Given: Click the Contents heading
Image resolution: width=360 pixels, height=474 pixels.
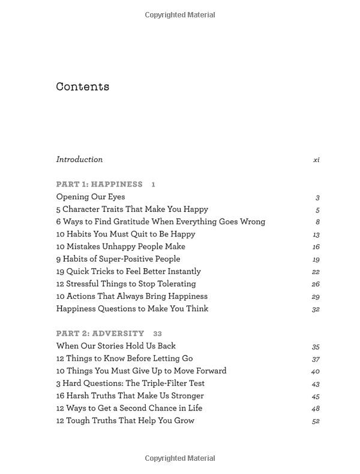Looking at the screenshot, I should click(x=83, y=86).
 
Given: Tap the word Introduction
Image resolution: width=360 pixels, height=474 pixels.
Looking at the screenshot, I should click(x=79, y=159).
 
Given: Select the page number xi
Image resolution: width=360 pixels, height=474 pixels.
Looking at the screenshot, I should click(x=316, y=160).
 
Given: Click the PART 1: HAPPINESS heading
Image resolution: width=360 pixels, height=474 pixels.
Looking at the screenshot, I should click(x=100, y=184).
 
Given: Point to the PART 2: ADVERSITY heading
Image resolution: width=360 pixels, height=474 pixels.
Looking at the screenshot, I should click(x=100, y=333).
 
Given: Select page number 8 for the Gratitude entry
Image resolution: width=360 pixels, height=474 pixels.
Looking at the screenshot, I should click(x=317, y=222).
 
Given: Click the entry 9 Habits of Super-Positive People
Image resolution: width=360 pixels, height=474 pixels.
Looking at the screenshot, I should click(x=118, y=259).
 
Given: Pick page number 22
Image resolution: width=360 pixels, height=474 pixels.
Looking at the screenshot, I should click(x=316, y=272).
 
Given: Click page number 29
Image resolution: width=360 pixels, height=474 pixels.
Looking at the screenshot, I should click(x=316, y=297).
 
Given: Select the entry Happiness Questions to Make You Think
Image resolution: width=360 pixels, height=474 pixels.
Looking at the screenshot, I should click(x=132, y=308).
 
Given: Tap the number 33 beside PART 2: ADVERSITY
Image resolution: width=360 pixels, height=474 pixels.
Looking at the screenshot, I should click(x=158, y=334).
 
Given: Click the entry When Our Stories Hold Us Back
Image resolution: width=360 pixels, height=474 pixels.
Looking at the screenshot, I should click(x=116, y=346).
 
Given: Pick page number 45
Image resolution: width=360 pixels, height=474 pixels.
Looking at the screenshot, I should click(x=316, y=396).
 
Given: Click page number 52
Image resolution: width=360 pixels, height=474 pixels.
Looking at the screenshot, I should click(x=316, y=421).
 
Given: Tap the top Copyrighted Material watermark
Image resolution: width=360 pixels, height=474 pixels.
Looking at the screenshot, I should click(x=180, y=15).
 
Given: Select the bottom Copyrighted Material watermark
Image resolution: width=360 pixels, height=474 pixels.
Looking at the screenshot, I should click(x=180, y=458).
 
